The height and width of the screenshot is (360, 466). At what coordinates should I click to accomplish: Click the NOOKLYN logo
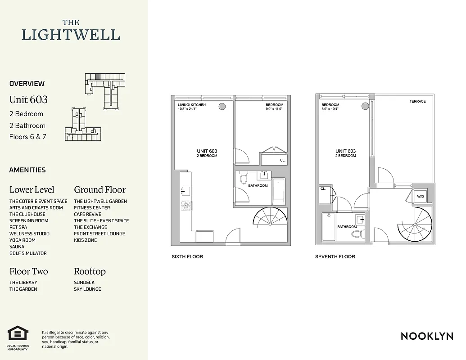(426, 336)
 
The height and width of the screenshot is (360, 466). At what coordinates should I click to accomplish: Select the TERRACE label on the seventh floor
(417, 101)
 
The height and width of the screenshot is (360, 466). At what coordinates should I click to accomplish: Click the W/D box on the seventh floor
(420, 196)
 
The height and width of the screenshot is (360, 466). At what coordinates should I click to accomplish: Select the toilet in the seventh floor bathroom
(357, 234)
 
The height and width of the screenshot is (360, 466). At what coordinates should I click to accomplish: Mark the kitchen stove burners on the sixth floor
(186, 206)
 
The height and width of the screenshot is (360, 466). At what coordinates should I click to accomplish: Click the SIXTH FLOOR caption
(187, 256)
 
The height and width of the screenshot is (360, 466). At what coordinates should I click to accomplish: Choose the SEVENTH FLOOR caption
(335, 256)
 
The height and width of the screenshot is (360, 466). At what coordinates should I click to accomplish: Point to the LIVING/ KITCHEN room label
(191, 105)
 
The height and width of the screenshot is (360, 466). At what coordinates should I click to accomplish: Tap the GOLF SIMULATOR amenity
(28, 253)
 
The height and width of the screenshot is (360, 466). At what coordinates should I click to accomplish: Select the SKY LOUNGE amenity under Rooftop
(87, 289)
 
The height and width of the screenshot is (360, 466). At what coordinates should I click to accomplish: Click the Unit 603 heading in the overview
(28, 99)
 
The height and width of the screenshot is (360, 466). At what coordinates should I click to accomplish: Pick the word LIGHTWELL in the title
(71, 35)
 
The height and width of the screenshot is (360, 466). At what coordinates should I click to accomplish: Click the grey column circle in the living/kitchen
(222, 107)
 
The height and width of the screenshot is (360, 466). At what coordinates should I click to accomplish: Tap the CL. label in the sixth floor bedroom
(282, 160)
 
